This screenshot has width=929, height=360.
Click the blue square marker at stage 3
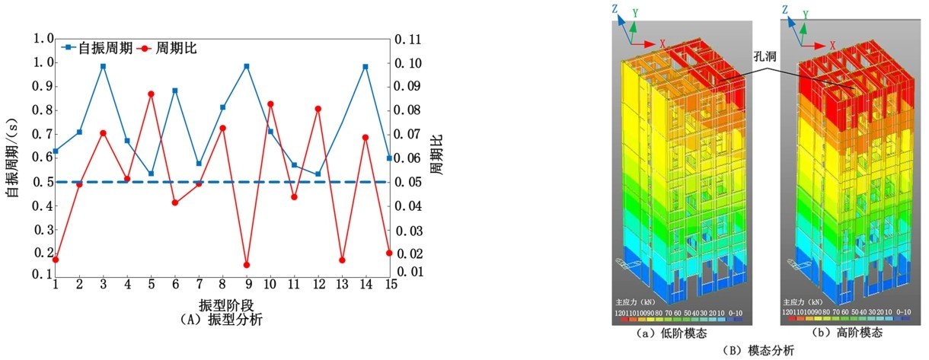[x=103, y=66]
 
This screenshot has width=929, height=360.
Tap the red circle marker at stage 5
[x=151, y=94]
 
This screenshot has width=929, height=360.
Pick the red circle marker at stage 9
[x=246, y=265]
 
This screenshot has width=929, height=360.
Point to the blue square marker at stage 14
[x=366, y=67]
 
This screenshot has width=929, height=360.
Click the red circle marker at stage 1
[x=56, y=260]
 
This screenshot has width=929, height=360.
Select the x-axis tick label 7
[x=199, y=284]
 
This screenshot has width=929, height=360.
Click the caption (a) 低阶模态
[x=673, y=333]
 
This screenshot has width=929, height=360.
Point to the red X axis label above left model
[x=663, y=43]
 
